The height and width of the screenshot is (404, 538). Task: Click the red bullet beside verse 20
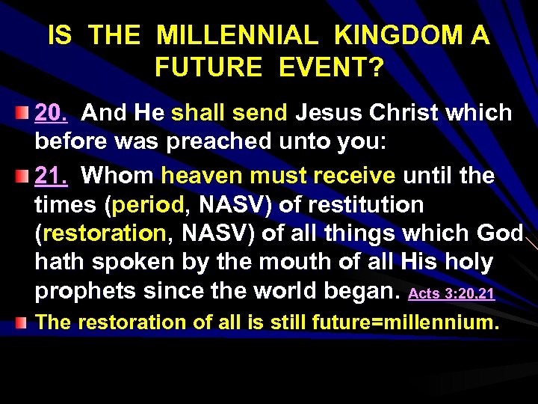23,113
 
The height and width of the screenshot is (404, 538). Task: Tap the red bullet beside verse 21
23,177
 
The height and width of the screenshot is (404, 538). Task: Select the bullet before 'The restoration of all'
23,322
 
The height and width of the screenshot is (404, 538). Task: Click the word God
498,233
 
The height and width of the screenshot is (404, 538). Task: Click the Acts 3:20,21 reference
452,293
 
